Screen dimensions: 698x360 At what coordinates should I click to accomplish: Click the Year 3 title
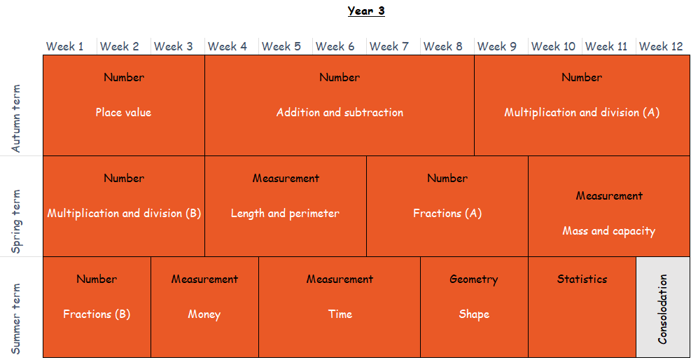[x=366, y=11]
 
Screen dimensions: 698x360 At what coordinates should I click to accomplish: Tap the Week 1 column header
[x=64, y=46]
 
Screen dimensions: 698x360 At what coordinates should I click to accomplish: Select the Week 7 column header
[x=389, y=46]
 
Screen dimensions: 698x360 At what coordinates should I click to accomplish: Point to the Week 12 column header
[x=661, y=46]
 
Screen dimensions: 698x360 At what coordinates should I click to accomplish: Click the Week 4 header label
[x=227, y=46]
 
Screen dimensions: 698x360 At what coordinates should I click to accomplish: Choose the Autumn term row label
[x=16, y=118]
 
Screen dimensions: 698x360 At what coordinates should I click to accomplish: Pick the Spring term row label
[x=16, y=221]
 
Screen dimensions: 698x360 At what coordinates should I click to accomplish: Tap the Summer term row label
[x=16, y=319]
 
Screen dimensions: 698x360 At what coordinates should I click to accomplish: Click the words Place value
[x=123, y=113]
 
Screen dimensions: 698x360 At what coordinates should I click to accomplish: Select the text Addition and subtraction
[x=340, y=113]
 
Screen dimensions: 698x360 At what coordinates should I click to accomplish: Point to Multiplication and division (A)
[x=582, y=113]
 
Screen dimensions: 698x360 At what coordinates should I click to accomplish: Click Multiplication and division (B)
[x=124, y=214]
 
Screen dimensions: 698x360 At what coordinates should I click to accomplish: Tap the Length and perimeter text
[x=285, y=214]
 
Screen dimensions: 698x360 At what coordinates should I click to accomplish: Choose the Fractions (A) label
[x=447, y=214]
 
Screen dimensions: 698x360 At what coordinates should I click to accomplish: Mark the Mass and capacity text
[x=609, y=231]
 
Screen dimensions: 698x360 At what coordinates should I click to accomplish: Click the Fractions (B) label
[x=97, y=314]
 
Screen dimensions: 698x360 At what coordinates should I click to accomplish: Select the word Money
[x=204, y=314]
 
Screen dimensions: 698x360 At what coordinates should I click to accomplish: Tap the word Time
[x=340, y=314]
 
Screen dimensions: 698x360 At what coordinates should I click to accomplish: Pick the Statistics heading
[x=582, y=279]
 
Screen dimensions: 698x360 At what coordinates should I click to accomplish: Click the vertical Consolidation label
[x=663, y=309]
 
